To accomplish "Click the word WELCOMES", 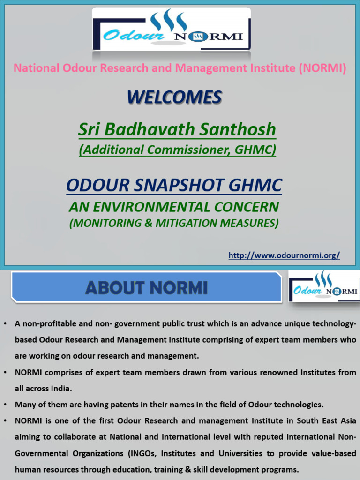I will [174, 97].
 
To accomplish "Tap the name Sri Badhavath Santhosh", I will [177, 129].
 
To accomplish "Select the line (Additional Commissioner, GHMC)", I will [177, 150].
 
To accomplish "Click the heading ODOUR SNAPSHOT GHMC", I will [174, 186].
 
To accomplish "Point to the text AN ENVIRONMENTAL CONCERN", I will [174, 206].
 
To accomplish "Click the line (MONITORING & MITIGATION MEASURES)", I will [174, 223].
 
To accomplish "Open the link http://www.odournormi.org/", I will [284, 255].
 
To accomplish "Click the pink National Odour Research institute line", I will [180, 68].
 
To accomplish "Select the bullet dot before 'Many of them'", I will [5, 404].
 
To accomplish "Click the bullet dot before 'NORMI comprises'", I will [5, 372].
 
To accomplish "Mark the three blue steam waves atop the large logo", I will [169, 20].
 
